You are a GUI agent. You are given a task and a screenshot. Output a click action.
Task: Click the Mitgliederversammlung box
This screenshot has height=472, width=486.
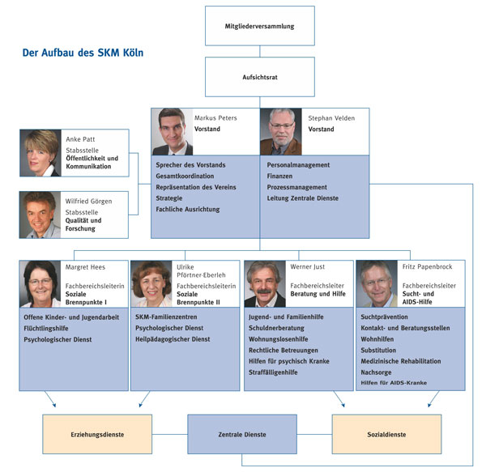pyautogui.click(x=260, y=26)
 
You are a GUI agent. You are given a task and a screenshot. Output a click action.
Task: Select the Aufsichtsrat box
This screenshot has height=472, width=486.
pyautogui.click(x=260, y=77)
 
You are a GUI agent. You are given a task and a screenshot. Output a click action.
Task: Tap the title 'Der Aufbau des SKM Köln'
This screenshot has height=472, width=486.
pyautogui.click(x=83, y=53)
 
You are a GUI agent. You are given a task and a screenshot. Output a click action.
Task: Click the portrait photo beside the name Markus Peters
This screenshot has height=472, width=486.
pyautogui.click(x=172, y=132)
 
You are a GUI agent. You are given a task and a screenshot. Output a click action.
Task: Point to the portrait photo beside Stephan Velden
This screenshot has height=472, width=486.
pyautogui.click(x=281, y=132)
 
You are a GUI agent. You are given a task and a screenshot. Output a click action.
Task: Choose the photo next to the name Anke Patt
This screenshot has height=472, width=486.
pyautogui.click(x=40, y=153)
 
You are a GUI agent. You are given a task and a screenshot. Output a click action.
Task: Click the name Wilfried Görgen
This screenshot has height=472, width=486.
pyautogui.click(x=88, y=202)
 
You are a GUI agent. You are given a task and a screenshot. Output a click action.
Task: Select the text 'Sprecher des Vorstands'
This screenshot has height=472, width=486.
pyautogui.click(x=190, y=165)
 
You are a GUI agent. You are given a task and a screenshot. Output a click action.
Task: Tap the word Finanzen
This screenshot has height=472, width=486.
pyautogui.click(x=279, y=176)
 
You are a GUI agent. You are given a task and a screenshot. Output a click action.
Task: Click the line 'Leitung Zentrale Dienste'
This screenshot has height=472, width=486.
pyautogui.click(x=303, y=198)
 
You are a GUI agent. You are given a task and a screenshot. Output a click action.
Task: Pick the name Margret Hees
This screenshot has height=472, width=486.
pyautogui.click(x=85, y=267)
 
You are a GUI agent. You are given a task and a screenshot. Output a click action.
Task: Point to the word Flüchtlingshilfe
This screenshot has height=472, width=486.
pyautogui.click(x=46, y=328)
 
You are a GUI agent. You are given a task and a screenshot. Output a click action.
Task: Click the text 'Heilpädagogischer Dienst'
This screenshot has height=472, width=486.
pyautogui.click(x=173, y=339)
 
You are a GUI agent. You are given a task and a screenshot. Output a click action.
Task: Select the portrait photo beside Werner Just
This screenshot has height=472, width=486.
pyautogui.click(x=265, y=284)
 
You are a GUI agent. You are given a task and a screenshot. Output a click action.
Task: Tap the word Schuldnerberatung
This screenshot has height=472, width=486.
pyautogui.click(x=276, y=328)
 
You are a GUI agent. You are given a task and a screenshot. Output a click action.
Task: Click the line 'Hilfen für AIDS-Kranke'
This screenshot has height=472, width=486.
pyautogui.click(x=394, y=383)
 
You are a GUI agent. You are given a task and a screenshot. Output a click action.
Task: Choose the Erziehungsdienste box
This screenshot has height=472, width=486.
pyautogui.click(x=97, y=434)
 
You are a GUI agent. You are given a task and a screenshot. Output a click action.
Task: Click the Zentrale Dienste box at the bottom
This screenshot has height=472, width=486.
pyautogui.click(x=242, y=434)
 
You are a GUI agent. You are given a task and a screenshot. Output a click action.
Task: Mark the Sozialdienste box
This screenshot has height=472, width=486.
pyautogui.click(x=386, y=434)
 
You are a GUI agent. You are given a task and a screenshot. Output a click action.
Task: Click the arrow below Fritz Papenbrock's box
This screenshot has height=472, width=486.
pyautogui.click(x=433, y=399)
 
